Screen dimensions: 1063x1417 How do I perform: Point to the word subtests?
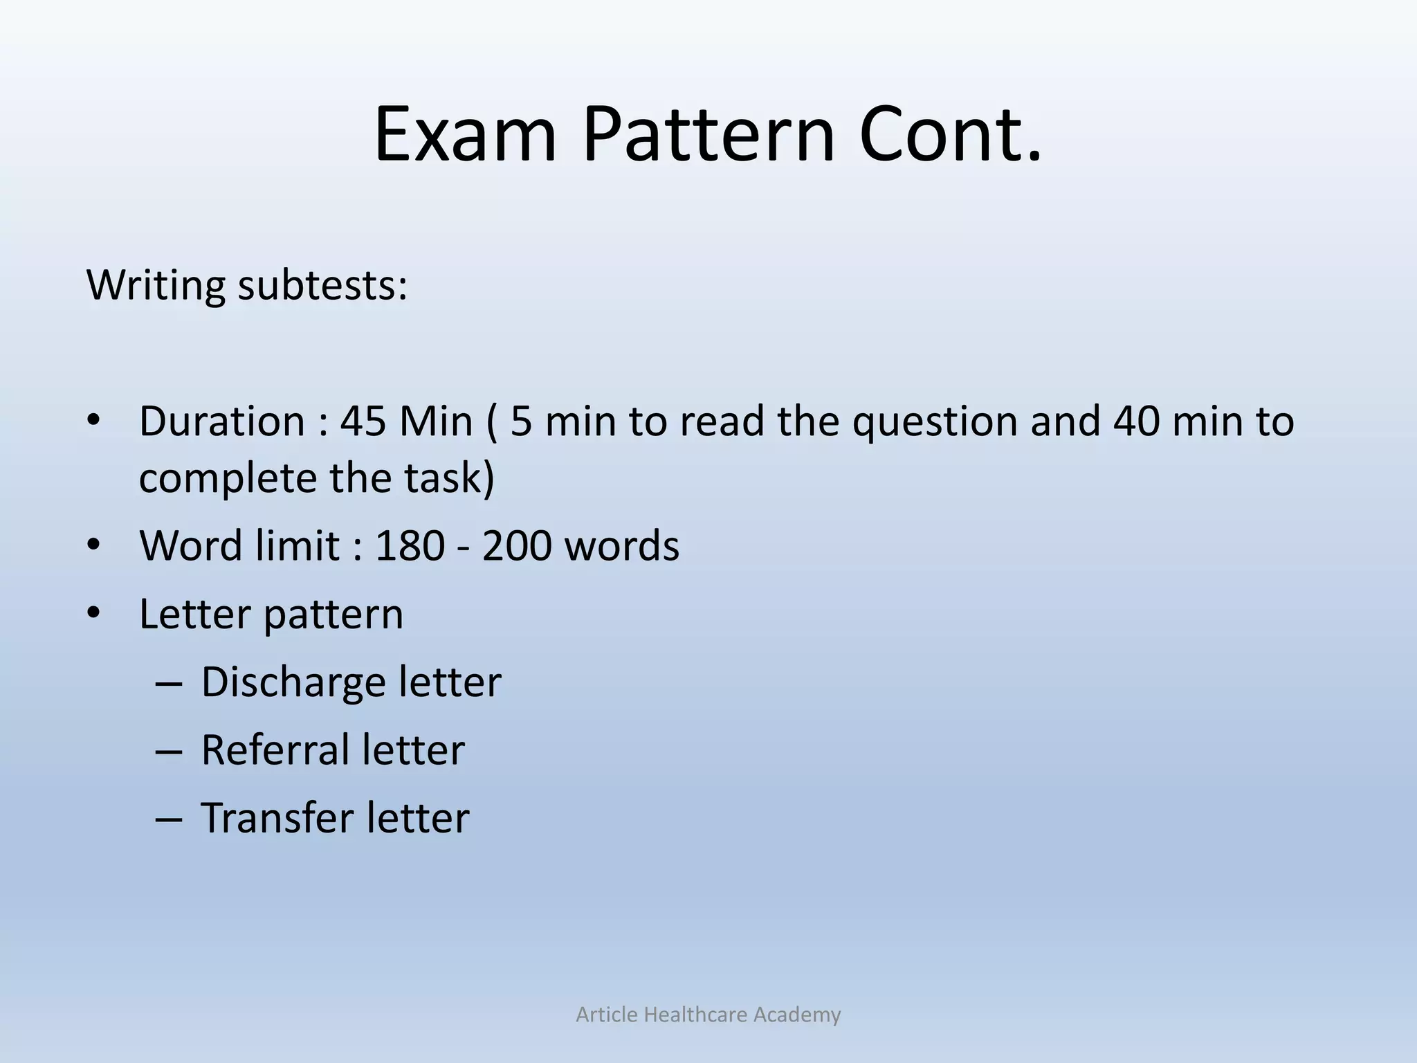(x=323, y=284)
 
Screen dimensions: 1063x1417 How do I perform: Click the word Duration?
(x=221, y=421)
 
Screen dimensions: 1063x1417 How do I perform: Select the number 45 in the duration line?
(x=363, y=421)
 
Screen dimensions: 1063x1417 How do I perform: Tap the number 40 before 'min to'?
(x=1135, y=421)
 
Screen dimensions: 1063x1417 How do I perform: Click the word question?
(x=935, y=422)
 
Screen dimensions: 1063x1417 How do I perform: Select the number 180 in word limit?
(x=409, y=545)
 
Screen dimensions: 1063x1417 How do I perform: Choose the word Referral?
(x=274, y=750)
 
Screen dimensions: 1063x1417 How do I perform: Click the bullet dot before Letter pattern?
(x=94, y=613)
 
